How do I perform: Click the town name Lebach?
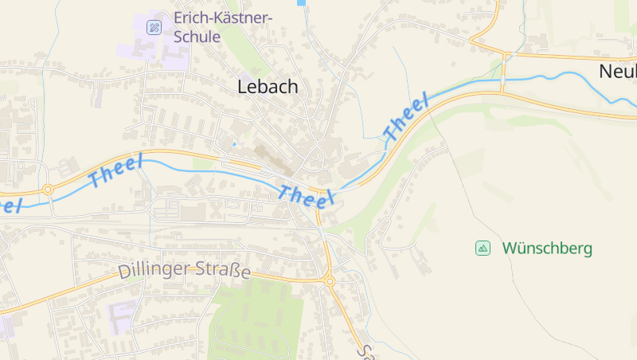268,87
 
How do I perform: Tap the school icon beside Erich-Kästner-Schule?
154,27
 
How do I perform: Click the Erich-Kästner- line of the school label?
223,18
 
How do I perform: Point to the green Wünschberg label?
547,248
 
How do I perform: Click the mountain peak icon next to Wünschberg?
483,248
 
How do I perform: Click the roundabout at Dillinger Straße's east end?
329,280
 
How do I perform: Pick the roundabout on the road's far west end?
48,190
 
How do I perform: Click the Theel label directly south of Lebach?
305,194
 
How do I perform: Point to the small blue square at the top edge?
301,2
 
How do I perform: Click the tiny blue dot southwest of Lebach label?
234,144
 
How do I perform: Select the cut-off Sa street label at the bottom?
365,351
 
